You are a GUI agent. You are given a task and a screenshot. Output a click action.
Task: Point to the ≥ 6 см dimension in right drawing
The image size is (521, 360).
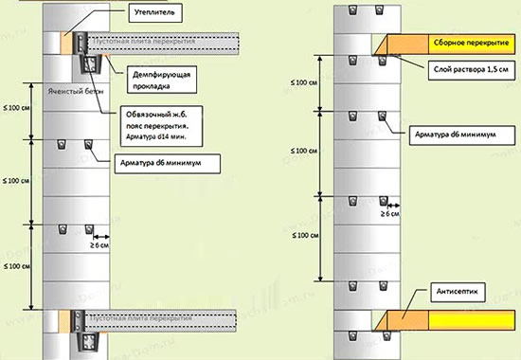pyautogui.click(x=387, y=215)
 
